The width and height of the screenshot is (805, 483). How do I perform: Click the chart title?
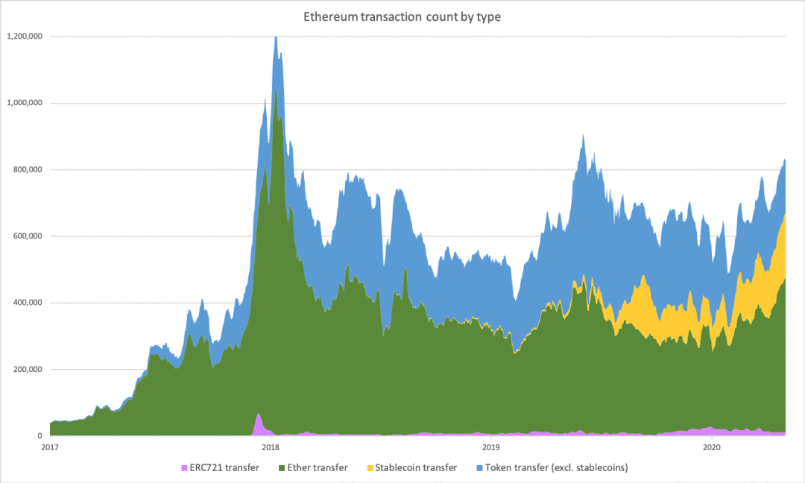(x=402, y=17)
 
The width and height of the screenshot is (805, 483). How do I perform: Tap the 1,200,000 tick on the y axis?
(x=25, y=36)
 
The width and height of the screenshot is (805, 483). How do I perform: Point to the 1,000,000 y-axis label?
(x=25, y=103)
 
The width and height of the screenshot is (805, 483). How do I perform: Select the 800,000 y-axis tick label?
(x=28, y=169)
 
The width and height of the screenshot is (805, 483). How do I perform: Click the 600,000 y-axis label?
(x=28, y=236)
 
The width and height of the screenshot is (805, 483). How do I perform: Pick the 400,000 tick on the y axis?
(x=28, y=303)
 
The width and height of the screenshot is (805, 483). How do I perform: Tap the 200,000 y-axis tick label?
(x=28, y=370)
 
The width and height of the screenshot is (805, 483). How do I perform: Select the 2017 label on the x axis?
(x=50, y=447)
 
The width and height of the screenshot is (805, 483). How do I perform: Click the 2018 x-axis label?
(x=271, y=447)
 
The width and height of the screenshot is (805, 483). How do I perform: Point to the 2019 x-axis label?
(x=491, y=447)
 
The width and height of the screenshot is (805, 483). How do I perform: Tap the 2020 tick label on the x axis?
(x=712, y=447)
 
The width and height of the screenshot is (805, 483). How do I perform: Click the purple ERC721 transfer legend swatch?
(x=184, y=468)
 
